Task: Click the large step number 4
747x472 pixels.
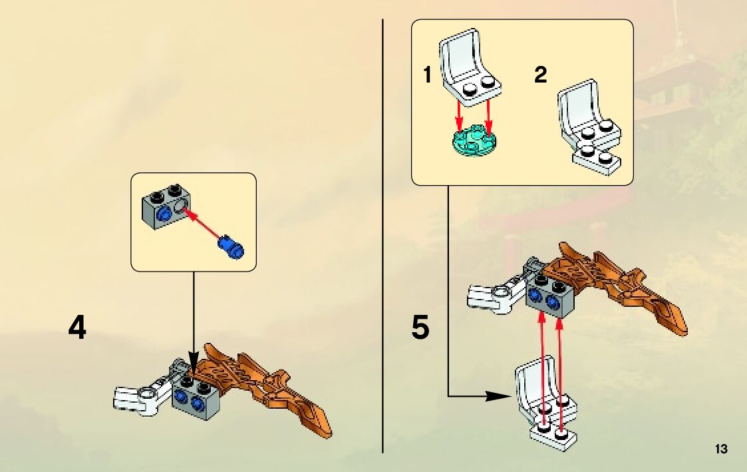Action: [x=78, y=328]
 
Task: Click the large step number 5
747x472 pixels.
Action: [x=420, y=328]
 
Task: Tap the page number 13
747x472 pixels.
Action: [x=721, y=449]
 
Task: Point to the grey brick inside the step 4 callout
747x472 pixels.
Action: [x=166, y=208]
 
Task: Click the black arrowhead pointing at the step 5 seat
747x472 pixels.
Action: [x=499, y=396]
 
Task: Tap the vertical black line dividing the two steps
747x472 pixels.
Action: [x=383, y=233]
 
